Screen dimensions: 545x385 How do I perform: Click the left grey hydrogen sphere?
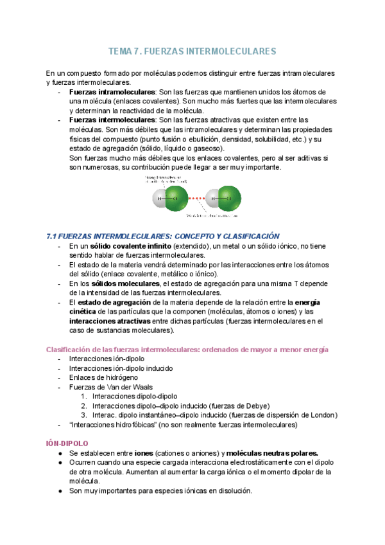(x=160, y=198)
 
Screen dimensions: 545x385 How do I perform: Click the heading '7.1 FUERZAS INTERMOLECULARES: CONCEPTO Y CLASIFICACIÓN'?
(x=164, y=237)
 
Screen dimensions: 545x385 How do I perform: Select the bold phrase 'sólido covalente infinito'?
(x=131, y=246)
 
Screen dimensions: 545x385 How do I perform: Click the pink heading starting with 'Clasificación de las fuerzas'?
(x=187, y=349)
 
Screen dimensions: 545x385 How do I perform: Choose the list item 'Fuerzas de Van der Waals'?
(x=110, y=387)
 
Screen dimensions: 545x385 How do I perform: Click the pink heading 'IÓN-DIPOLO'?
(x=67, y=443)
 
